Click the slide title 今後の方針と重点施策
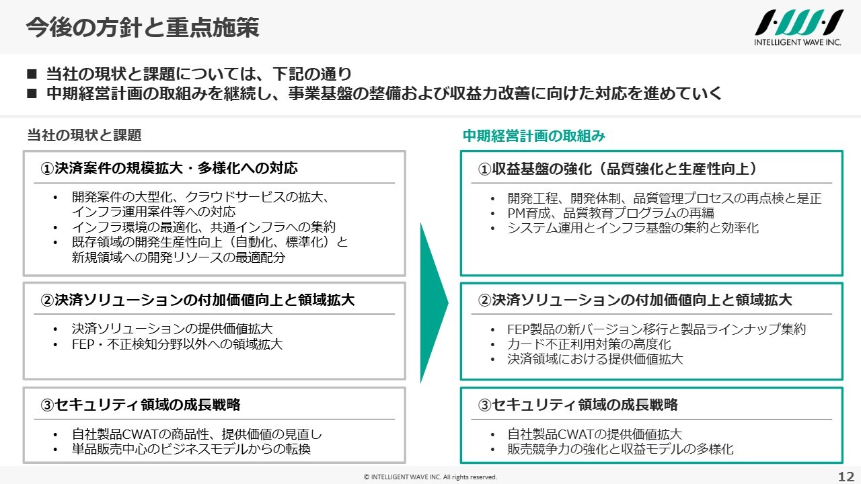143,28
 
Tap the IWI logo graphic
798,23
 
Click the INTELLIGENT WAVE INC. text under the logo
798,42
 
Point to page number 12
846,477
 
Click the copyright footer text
430,477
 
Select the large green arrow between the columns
434,302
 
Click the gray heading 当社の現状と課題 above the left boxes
84,135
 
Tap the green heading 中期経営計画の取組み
534,136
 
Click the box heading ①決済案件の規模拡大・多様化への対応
169,168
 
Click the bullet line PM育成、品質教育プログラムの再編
611,213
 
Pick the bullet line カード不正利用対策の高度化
589,344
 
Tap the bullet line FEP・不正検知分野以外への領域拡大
177,344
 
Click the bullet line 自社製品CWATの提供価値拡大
595,434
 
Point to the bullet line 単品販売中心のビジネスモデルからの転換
191,449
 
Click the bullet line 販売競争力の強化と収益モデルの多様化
620,449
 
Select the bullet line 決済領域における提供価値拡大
595,359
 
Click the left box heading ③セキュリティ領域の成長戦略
141,405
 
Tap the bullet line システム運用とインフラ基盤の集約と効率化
633,228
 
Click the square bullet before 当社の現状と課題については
32,74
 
